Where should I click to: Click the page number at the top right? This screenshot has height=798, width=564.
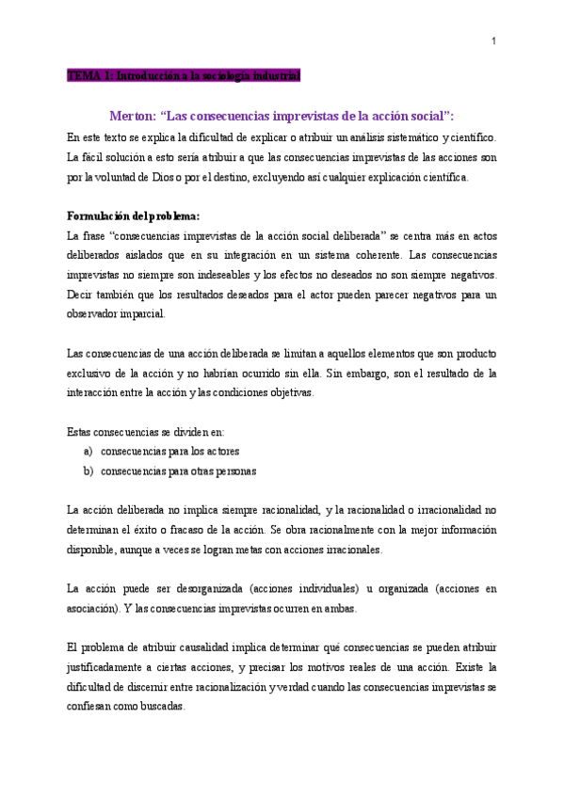pyautogui.click(x=495, y=41)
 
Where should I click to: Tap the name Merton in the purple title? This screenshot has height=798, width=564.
pyautogui.click(x=131, y=116)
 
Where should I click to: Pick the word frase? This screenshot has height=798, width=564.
pyautogui.click(x=102, y=232)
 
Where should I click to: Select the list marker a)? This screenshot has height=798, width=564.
pyautogui.click(x=89, y=451)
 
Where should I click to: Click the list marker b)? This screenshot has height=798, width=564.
pyautogui.click(x=89, y=471)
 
